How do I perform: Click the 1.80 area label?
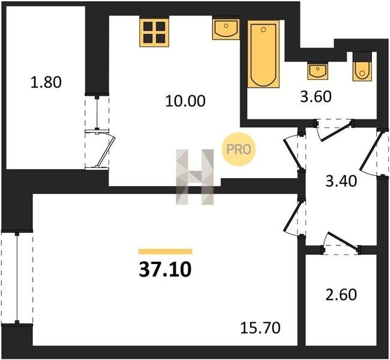coord(46,82)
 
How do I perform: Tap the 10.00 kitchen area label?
coord(185,101)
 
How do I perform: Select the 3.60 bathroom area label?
coord(316,97)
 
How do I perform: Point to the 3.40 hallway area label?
coord(341,181)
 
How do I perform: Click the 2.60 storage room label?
coord(341,295)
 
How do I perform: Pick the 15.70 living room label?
coord(260,328)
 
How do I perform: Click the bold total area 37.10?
coord(165,269)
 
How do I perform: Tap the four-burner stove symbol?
coord(154,31)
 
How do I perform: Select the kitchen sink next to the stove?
coord(226,28)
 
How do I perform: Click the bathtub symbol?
coord(263,54)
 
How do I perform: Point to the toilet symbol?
coord(362,67)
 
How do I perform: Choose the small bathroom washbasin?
coord(317,70)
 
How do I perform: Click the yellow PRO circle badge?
coord(239,149)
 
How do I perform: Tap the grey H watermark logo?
coord(195,177)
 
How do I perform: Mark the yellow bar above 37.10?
coord(165,251)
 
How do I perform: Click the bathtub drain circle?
coord(263,30)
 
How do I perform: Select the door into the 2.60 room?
coord(341,244)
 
